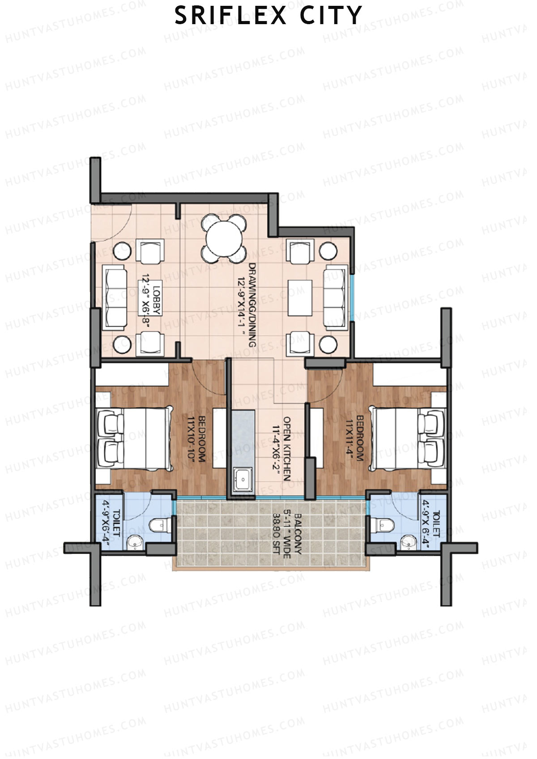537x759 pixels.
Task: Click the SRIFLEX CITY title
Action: (268, 16)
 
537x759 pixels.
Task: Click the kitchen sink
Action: (243, 480)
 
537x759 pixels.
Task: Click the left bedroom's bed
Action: (135, 439)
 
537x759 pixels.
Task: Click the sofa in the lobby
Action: (114, 298)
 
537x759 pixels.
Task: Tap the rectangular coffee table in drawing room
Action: (300, 297)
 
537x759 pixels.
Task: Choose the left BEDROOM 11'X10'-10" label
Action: (196, 439)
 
